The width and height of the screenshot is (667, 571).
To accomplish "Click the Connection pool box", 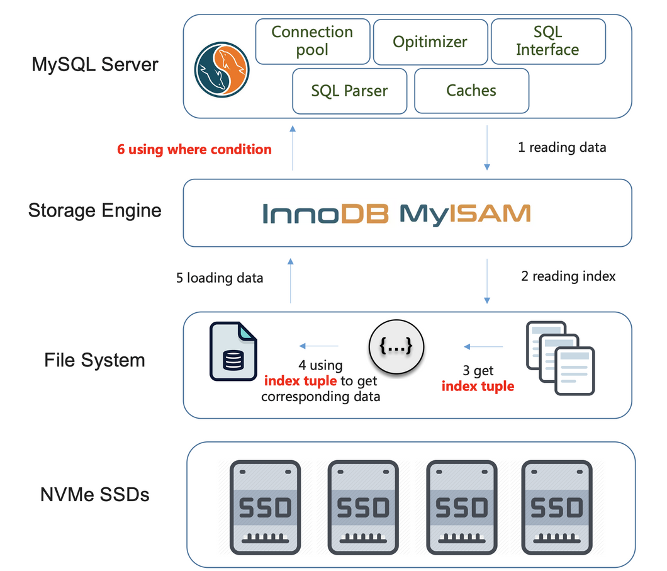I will pyautogui.click(x=312, y=41).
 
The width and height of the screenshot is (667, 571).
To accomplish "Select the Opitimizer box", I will pyautogui.click(x=430, y=42).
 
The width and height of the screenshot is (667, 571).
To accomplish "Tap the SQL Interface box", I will pyautogui.click(x=547, y=41).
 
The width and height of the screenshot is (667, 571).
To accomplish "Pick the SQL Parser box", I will pyautogui.click(x=349, y=91).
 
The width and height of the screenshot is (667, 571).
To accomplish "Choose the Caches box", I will pyautogui.click(x=471, y=91).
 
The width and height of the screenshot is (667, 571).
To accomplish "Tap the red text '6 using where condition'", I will pyautogui.click(x=194, y=150).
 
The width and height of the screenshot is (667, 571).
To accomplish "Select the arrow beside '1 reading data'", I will pyautogui.click(x=486, y=148).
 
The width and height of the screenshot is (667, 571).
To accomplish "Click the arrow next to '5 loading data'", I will pyautogui.click(x=291, y=280).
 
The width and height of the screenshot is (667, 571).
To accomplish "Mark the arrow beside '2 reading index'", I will pyautogui.click(x=486, y=280).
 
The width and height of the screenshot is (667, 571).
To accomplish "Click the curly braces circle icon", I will pyautogui.click(x=396, y=346).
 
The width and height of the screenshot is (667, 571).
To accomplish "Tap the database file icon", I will pyautogui.click(x=232, y=351).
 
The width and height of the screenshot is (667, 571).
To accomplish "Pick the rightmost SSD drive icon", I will pyautogui.click(x=557, y=507).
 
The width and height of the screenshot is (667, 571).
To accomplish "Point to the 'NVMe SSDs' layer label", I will pyautogui.click(x=95, y=495).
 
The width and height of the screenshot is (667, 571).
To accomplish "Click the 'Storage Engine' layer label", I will pyautogui.click(x=95, y=210).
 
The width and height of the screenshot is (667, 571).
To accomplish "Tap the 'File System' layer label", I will pyautogui.click(x=95, y=360).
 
